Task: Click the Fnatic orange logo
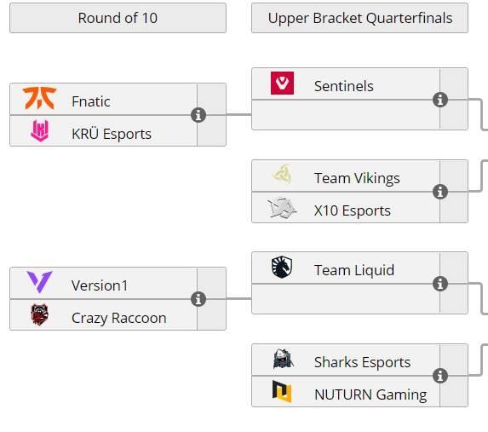point(39,99)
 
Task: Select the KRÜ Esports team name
point(112,134)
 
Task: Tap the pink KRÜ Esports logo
point(39,131)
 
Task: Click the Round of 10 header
point(118,18)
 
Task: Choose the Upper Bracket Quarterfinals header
point(359,18)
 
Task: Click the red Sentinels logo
point(282,84)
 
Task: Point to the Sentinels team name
point(343,86)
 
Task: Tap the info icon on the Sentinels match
point(440,100)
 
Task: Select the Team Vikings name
point(357,178)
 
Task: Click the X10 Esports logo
point(282,208)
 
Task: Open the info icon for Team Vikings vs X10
point(440,192)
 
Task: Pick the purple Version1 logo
point(39,282)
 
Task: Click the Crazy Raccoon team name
point(119,319)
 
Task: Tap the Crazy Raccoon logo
point(39,314)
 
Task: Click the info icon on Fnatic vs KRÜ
point(198,115)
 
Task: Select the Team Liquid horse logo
point(282,267)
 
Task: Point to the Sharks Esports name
point(362,362)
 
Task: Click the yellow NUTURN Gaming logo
point(282,391)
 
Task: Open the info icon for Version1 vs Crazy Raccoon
point(198,299)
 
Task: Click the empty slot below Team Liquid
point(346,299)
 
